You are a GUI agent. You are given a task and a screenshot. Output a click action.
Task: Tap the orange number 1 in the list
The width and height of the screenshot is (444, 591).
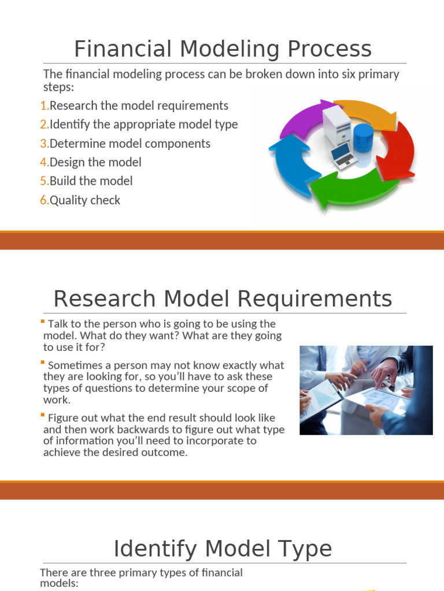coord(44,106)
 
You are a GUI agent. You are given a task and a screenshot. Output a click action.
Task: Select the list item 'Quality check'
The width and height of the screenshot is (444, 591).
coord(85,200)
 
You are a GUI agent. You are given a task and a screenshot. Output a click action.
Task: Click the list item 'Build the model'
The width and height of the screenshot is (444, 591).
coord(91,181)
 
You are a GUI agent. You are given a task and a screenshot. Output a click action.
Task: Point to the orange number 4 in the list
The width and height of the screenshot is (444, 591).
coord(44,162)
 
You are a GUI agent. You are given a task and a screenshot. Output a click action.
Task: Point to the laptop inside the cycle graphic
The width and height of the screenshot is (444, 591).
coord(343,154)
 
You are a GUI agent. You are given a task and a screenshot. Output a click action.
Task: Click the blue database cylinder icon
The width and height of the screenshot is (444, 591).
coord(363,138)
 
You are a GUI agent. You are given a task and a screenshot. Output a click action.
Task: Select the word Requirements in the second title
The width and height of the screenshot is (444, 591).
coord(325,299)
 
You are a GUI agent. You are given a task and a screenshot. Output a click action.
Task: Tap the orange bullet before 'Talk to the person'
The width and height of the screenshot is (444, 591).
coord(42,321)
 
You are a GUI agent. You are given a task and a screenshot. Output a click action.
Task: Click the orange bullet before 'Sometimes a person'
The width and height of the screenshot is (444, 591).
coord(42,362)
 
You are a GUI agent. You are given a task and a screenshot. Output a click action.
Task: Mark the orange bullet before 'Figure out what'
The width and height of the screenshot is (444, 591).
coord(42,414)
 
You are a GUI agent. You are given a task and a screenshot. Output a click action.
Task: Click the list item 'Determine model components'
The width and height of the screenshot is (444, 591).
coord(130,143)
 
